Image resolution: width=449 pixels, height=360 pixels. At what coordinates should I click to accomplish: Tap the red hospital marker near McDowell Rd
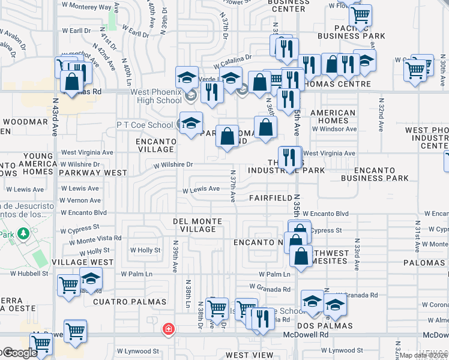[169, 329]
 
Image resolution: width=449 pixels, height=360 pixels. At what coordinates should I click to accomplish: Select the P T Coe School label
[144, 125]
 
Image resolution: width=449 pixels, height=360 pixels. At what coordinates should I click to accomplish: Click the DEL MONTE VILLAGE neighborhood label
[197, 225]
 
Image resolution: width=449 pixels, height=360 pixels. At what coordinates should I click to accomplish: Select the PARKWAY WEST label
[92, 173]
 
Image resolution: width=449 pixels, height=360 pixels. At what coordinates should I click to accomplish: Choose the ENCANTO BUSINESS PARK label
[375, 174]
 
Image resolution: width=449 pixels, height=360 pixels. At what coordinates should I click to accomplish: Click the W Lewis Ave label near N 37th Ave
[201, 189]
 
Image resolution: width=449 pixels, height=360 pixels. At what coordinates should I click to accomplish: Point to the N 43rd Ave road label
[55, 117]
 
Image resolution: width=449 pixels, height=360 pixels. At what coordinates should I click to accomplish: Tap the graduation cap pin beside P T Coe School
[191, 123]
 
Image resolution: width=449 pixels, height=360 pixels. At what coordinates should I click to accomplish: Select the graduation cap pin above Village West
[91, 279]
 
